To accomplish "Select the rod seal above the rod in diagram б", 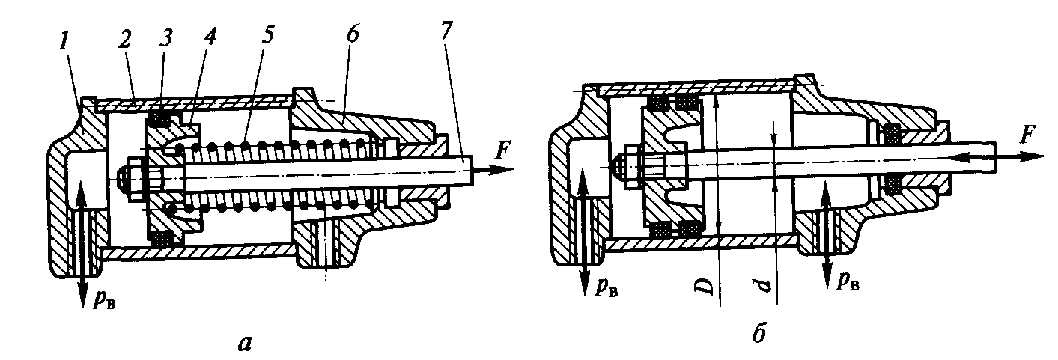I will click(891, 135).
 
